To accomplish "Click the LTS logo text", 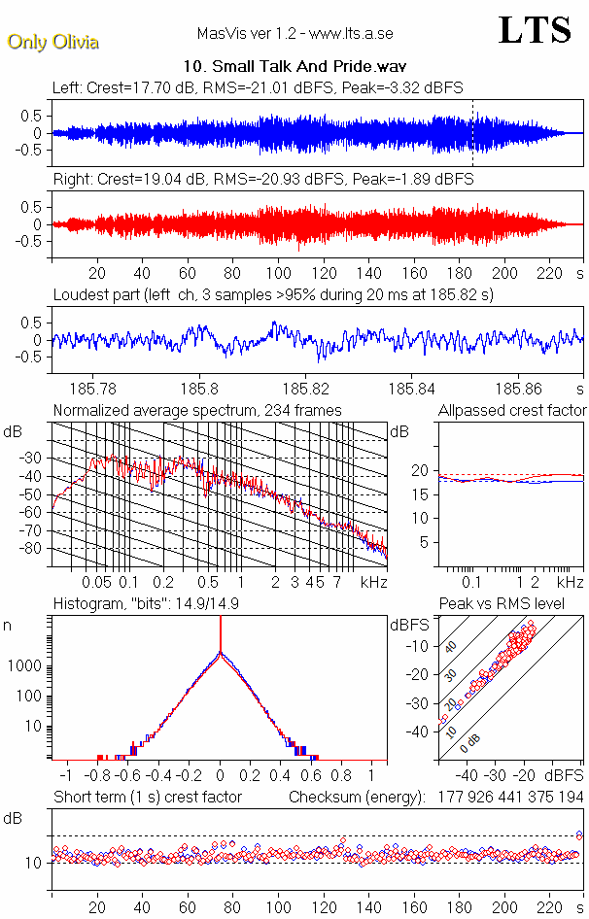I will [x=535, y=31].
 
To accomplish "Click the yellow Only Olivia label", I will [x=52, y=42].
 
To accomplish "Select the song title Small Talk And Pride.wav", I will [x=294, y=67].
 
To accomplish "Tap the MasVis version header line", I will [x=294, y=34].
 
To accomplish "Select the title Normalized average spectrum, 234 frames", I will [x=197, y=410].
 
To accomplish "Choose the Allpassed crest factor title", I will [x=512, y=410].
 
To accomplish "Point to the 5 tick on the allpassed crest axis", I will [x=424, y=542].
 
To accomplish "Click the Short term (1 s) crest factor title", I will [x=147, y=798].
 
